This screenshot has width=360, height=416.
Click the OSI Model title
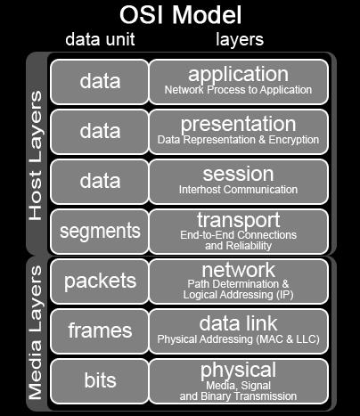pyautogui.click(x=180, y=14)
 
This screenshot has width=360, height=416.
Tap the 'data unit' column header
pyautogui.click(x=100, y=39)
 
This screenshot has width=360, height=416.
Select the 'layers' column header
pyautogui.click(x=240, y=40)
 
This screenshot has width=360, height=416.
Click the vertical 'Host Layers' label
pyautogui.click(x=36, y=156)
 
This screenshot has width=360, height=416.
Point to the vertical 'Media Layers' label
pyautogui.click(x=36, y=332)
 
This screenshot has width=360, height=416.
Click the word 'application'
pyautogui.click(x=238, y=75)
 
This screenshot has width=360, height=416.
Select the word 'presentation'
pyautogui.click(x=238, y=125)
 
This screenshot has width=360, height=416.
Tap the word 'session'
pyautogui.click(x=238, y=174)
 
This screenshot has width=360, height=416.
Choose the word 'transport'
pyautogui.click(x=238, y=221)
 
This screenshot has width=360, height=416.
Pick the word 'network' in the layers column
pyautogui.click(x=238, y=270)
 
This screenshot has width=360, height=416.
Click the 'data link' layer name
pyautogui.click(x=238, y=323)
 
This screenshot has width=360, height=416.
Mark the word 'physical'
pyautogui.click(x=238, y=371)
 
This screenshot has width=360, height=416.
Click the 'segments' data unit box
pyautogui.click(x=100, y=232)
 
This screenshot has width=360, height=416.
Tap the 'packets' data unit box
pyautogui.click(x=100, y=281)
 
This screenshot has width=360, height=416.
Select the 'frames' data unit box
pyautogui.click(x=100, y=331)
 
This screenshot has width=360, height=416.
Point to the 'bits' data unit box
pyautogui.click(x=100, y=381)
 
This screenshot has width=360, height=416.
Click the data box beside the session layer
pyautogui.click(x=100, y=182)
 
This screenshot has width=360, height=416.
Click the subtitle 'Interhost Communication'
pyautogui.click(x=238, y=190)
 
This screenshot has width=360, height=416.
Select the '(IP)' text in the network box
pyautogui.click(x=284, y=295)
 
